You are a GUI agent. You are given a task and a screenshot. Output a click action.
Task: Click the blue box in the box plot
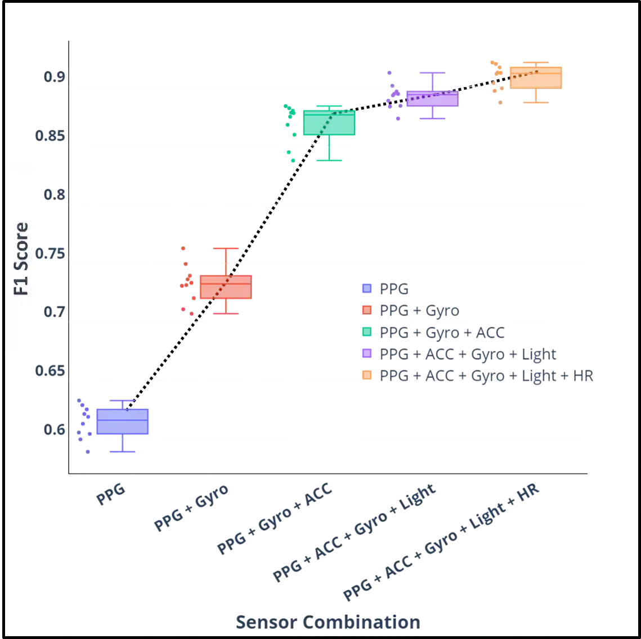(x=123, y=421)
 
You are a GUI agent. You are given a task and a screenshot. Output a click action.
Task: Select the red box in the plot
(x=225, y=287)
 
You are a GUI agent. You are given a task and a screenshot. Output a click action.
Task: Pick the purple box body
(x=432, y=98)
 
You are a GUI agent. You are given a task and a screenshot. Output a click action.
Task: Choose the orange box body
(x=535, y=76)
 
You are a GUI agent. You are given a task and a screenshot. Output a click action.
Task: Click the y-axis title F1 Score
(x=21, y=259)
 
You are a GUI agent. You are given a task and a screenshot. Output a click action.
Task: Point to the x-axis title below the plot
(x=328, y=622)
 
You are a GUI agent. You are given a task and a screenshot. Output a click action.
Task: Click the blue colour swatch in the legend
(x=367, y=289)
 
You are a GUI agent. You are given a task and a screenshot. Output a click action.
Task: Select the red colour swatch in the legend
(x=367, y=310)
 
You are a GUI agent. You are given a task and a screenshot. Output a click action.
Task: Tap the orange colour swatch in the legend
(x=367, y=375)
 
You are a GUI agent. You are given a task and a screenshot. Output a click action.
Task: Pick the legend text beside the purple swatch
(x=468, y=353)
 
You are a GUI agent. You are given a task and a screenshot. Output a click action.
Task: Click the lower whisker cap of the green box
(x=329, y=160)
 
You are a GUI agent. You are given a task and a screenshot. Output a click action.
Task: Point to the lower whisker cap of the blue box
(x=123, y=451)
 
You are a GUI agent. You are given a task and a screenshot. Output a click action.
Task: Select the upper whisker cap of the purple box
(x=432, y=72)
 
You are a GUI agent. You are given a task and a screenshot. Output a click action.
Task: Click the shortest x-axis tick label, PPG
(x=110, y=495)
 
